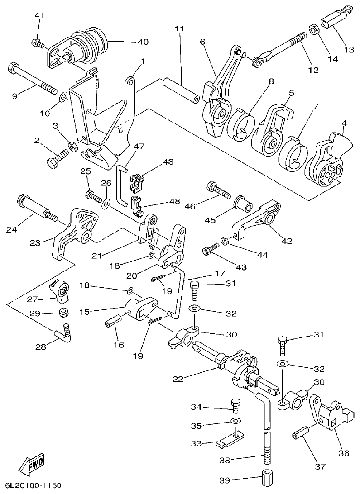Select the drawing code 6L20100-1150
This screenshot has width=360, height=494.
tap(30, 486)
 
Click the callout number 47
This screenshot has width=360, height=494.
tap(139, 146)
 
